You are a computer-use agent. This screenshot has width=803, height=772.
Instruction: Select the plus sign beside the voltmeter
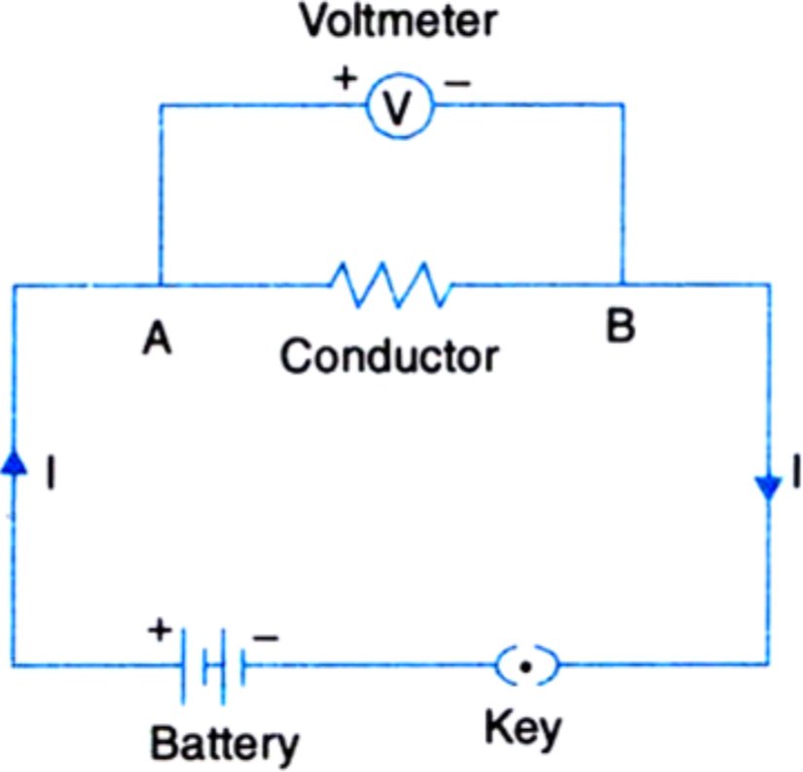344,78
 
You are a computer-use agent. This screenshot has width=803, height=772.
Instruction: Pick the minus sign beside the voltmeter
456,82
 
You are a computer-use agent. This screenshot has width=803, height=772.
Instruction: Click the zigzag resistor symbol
389,284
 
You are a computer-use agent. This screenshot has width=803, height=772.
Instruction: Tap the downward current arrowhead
769,486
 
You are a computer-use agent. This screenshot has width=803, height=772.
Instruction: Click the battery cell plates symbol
210,666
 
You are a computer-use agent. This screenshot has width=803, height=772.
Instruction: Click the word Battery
224,744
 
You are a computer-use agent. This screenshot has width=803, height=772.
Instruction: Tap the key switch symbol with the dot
526,667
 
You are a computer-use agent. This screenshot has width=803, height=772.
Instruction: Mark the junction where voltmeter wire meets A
160,284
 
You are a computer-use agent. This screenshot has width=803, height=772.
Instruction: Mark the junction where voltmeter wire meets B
622,284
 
